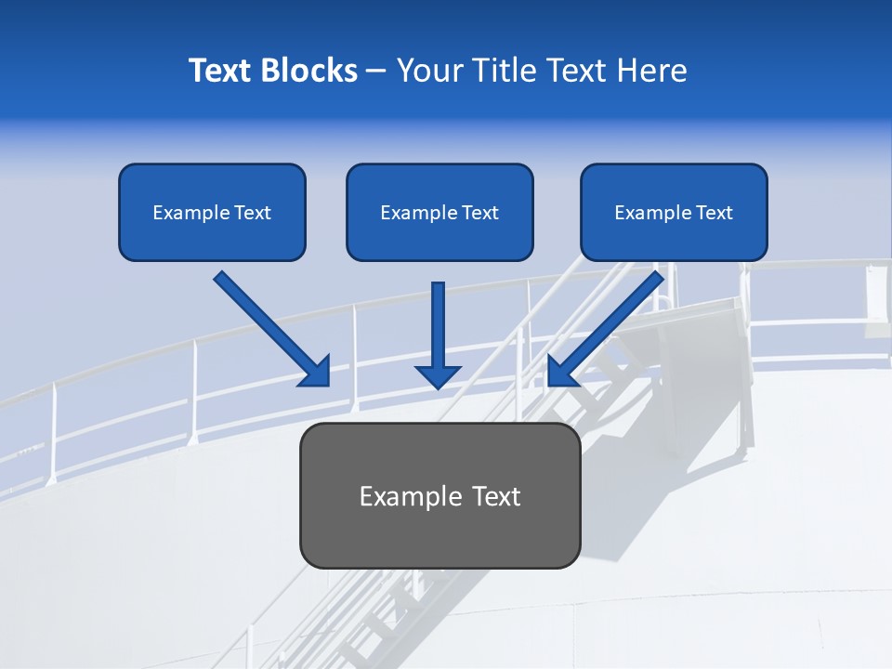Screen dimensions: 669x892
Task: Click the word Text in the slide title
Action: tap(220, 71)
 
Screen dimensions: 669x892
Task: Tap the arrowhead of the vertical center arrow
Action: tap(438, 376)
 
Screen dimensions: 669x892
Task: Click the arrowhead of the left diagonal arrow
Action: tap(317, 373)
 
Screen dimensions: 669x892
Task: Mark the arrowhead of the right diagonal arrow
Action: tap(560, 373)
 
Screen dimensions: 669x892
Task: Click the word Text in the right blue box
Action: tap(715, 213)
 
